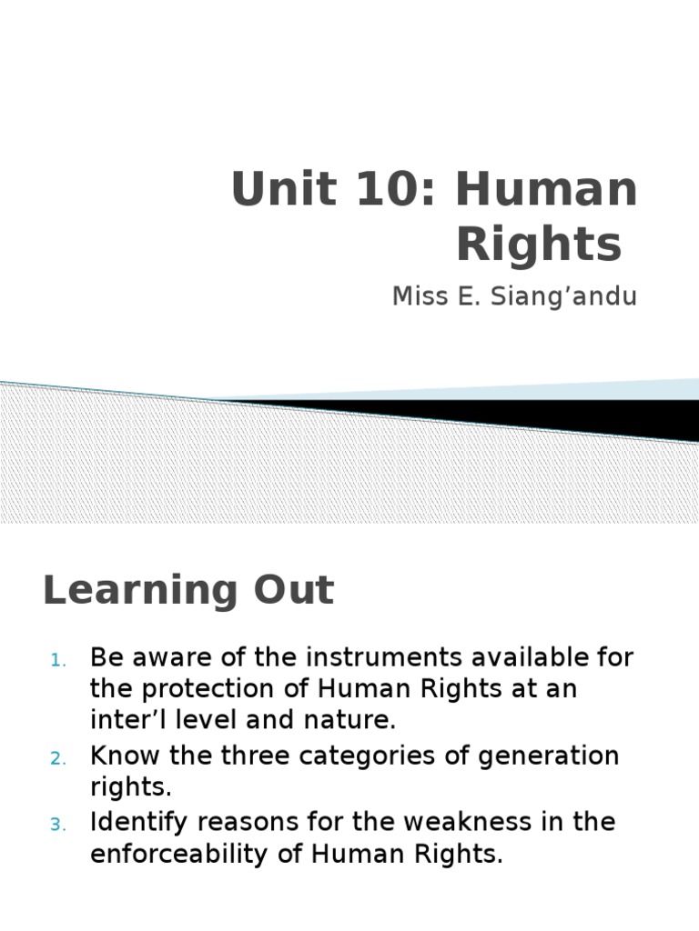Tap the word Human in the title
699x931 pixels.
pyautogui.click(x=546, y=189)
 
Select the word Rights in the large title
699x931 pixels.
pyautogui.click(x=538, y=245)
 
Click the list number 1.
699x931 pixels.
pyautogui.click(x=56, y=660)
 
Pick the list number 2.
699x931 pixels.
pyautogui.click(x=56, y=758)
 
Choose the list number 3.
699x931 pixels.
pyautogui.click(x=56, y=825)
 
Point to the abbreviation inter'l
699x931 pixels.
pyautogui.click(x=123, y=721)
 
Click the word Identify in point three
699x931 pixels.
pyautogui.click(x=137, y=822)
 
